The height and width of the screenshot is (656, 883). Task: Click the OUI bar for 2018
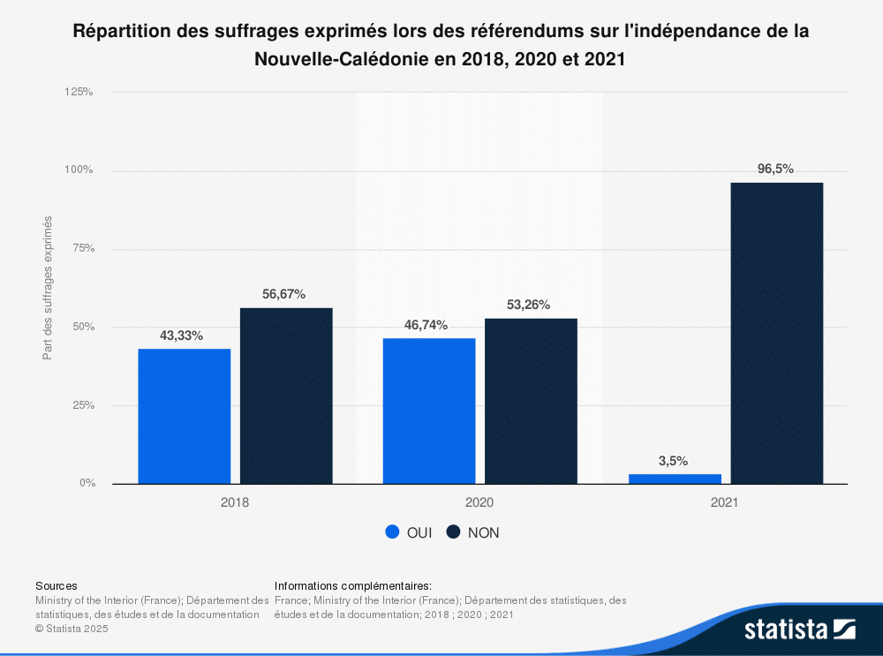click(x=184, y=416)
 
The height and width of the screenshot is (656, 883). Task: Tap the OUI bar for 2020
click(x=428, y=411)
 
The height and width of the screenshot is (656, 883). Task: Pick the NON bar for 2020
click(x=531, y=401)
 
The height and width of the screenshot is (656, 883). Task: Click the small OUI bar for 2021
click(x=675, y=479)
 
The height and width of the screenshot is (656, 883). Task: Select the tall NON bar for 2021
click(x=777, y=333)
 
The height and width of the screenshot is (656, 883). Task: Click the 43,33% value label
click(x=182, y=336)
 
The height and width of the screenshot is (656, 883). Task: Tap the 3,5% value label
click(x=673, y=461)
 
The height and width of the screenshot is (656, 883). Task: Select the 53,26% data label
click(x=528, y=305)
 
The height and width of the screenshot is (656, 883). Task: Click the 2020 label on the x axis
click(x=479, y=502)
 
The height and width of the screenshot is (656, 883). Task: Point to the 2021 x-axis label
click(x=725, y=502)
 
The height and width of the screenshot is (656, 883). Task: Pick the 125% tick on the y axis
click(x=79, y=92)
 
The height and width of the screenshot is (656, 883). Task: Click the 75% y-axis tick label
click(x=83, y=249)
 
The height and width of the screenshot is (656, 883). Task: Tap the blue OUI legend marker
click(x=393, y=532)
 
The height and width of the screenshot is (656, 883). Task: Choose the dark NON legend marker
click(x=454, y=532)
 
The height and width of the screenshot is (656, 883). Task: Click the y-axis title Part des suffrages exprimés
click(x=48, y=288)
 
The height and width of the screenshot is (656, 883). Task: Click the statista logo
click(x=798, y=629)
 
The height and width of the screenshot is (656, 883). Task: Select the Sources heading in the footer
click(x=56, y=585)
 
